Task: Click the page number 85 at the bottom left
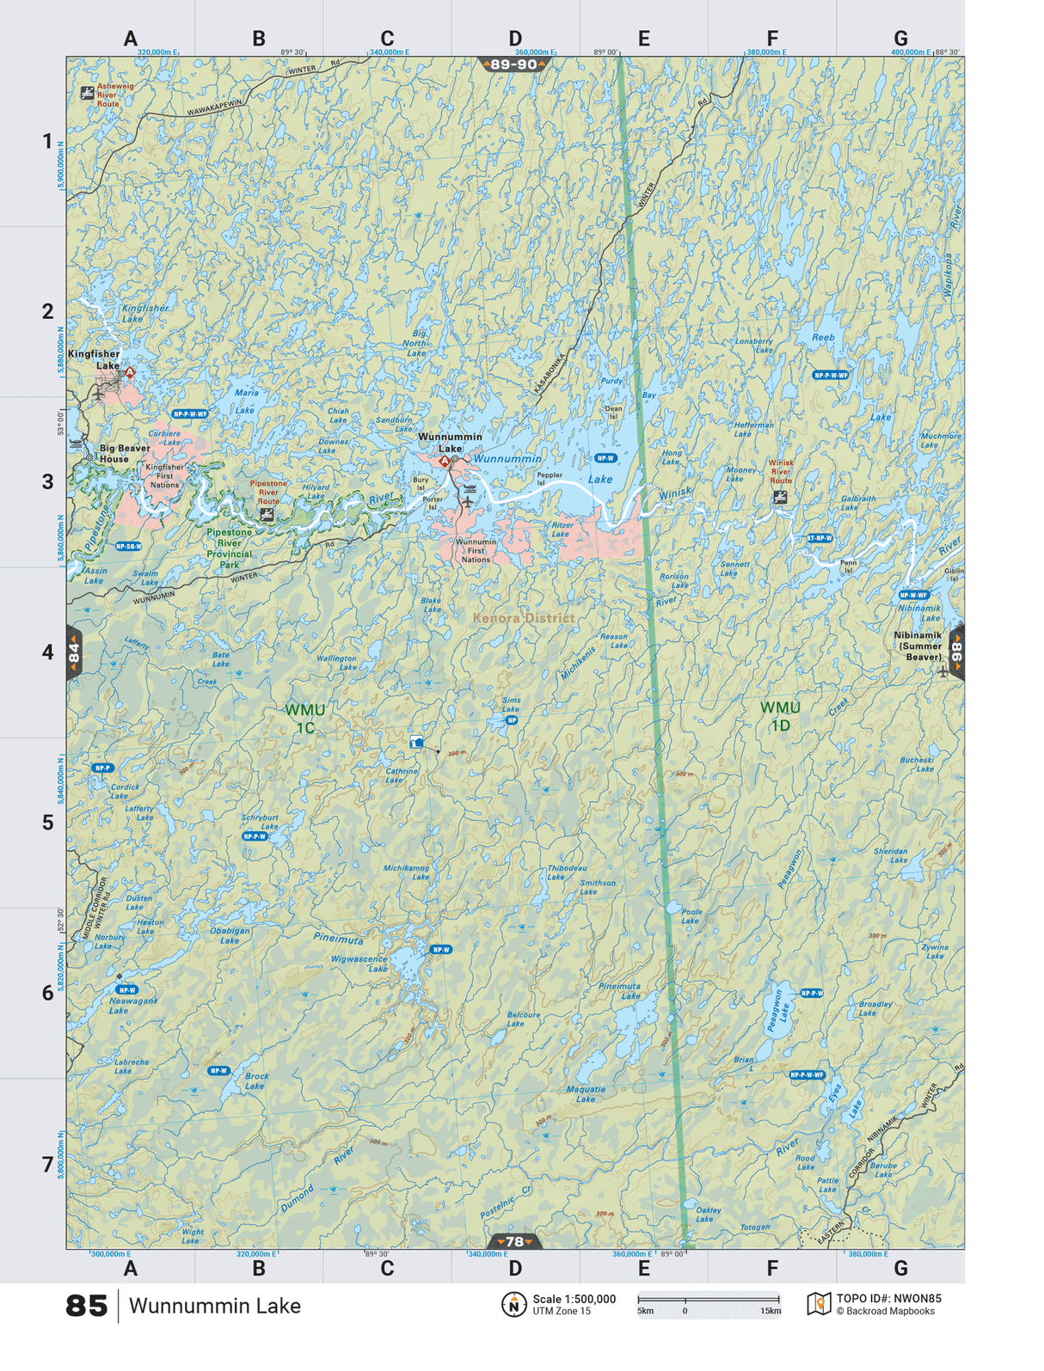click(x=86, y=1306)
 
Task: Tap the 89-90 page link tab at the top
click(x=514, y=64)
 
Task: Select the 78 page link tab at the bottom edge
click(x=514, y=1241)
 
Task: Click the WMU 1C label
click(x=305, y=719)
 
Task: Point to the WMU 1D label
click(x=780, y=716)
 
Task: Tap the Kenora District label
click(x=523, y=617)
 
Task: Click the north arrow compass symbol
click(x=513, y=1305)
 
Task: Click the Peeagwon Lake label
click(x=777, y=1011)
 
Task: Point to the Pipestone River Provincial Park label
click(x=229, y=548)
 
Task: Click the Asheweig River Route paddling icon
click(x=87, y=93)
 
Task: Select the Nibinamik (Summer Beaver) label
click(x=918, y=646)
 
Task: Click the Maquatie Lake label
click(x=586, y=1093)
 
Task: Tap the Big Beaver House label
click(x=125, y=453)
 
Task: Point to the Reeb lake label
click(x=823, y=338)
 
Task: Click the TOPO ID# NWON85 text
click(x=888, y=1299)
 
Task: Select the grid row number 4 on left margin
click(x=48, y=652)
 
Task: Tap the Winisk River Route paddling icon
click(x=780, y=497)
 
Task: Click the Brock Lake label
click(x=256, y=1080)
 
